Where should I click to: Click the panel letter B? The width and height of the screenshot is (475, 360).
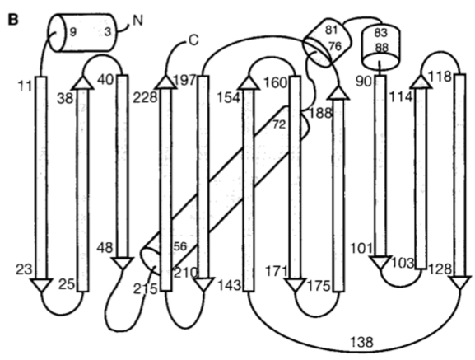[13, 20]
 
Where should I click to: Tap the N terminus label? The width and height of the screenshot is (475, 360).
[137, 21]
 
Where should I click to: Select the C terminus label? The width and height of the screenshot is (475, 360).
[193, 40]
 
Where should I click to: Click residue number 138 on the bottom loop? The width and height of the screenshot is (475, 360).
[361, 342]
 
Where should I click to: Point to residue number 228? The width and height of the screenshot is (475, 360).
[145, 97]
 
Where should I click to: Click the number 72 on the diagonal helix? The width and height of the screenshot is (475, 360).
[279, 124]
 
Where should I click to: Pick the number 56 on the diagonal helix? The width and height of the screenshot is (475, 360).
[180, 246]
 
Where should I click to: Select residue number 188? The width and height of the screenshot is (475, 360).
[320, 113]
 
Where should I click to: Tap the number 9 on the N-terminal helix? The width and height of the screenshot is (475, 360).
[72, 31]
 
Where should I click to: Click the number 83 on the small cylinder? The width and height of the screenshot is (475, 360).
[381, 32]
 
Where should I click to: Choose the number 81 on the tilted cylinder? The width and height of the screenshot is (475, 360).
[331, 30]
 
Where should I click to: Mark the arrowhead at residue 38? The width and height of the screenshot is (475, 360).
[83, 83]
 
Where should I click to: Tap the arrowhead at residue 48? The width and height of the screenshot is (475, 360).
[123, 264]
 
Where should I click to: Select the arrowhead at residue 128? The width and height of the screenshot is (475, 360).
[460, 283]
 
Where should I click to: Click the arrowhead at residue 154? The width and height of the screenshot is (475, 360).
[249, 83]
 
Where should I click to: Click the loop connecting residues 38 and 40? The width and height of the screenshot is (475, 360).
[103, 55]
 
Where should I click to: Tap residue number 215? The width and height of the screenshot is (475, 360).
[145, 289]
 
